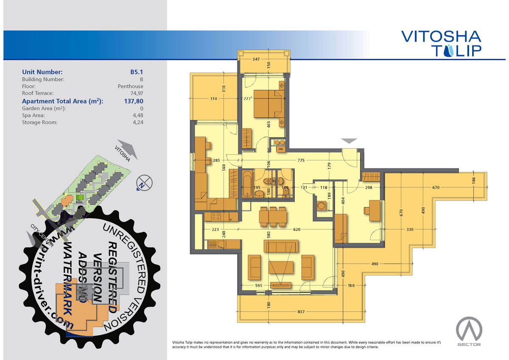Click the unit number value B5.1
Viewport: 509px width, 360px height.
(137, 72)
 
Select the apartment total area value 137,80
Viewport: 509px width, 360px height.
(134, 101)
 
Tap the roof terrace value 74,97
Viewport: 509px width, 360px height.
(137, 93)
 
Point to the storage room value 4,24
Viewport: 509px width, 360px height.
(138, 122)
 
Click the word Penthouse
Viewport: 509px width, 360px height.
(131, 87)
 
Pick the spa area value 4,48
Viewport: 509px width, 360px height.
(138, 115)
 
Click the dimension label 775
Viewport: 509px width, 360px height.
(301, 160)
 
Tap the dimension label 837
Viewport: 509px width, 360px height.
(301, 312)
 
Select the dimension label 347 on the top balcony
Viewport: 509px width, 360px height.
(256, 59)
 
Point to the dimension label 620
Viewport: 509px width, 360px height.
(297, 230)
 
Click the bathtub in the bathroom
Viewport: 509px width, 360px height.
(247, 184)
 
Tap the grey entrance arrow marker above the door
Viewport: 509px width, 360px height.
(349, 141)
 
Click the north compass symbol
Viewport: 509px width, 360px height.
(144, 183)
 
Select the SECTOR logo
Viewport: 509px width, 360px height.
(469, 332)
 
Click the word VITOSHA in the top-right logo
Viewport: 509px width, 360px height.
(441, 37)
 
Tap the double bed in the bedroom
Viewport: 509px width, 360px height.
(269, 104)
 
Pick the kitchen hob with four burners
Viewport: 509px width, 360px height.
(215, 217)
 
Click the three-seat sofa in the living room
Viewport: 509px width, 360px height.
(281, 246)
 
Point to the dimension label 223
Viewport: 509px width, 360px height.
(215, 230)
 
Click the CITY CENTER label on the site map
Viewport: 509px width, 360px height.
(42, 235)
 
